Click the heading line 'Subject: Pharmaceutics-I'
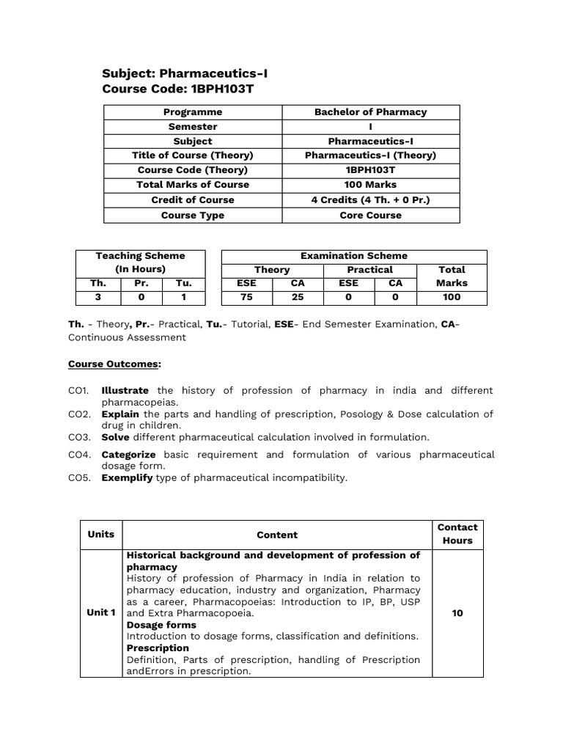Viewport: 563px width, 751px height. tap(180, 73)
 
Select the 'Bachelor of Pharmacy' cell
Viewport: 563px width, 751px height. tap(370, 112)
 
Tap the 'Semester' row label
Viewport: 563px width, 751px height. tap(192, 127)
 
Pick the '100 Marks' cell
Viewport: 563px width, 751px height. tap(370, 185)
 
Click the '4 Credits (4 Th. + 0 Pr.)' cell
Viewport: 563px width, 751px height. tap(370, 200)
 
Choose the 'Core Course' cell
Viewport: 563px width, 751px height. tap(370, 216)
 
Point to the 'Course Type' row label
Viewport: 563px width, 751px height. tap(192, 216)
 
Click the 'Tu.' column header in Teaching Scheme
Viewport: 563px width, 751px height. tap(183, 283)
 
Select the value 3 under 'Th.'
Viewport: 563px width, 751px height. tap(97, 297)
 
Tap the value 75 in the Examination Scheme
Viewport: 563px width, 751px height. tap(246, 297)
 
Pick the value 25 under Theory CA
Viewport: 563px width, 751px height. tap(298, 297)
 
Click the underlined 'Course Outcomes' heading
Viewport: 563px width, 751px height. tap(114, 364)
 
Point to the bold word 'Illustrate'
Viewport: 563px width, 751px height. tap(125, 390)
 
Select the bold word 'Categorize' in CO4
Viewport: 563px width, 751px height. tap(128, 455)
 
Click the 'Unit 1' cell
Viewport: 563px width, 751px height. tap(101, 612)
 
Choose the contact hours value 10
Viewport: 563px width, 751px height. tap(457, 613)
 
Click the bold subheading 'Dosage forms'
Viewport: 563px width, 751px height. tap(161, 625)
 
